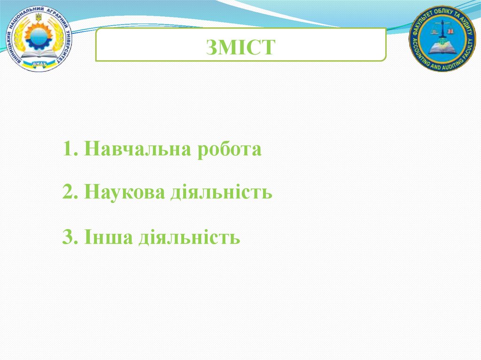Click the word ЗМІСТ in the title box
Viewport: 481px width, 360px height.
[240, 47]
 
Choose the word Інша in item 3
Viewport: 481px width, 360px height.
[108, 237]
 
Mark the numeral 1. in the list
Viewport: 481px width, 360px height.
[70, 150]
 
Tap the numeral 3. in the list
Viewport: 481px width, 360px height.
[70, 237]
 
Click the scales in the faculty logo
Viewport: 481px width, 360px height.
[442, 31]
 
